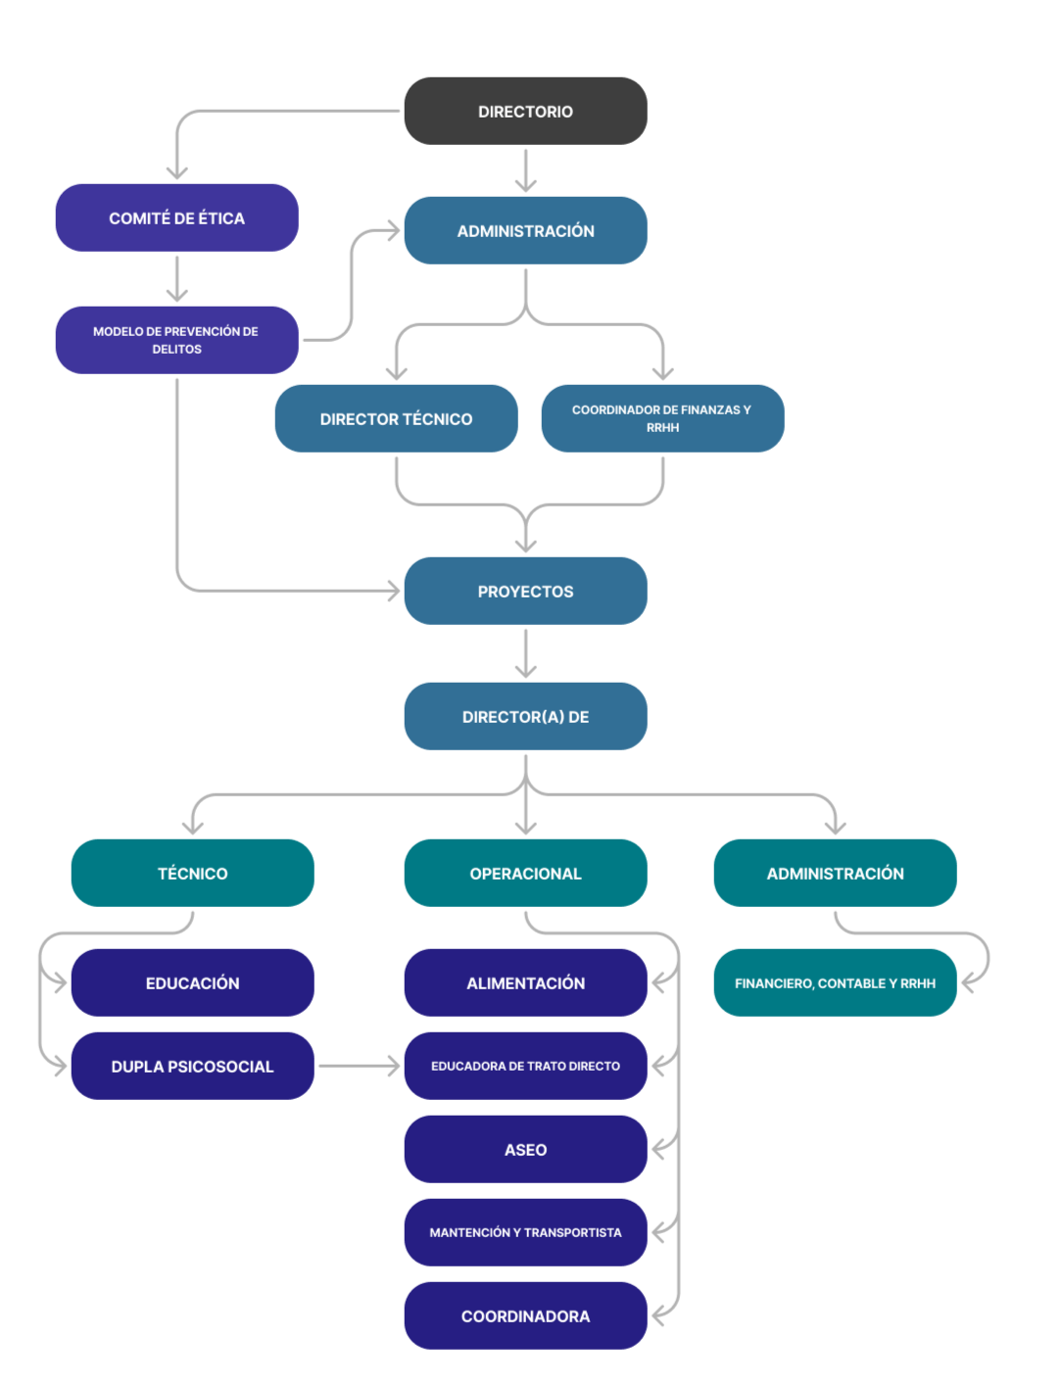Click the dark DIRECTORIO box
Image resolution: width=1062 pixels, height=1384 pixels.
coord(525,112)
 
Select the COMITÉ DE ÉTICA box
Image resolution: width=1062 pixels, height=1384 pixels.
coord(176,218)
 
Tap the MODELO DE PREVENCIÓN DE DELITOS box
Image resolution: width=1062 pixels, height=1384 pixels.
coord(176,340)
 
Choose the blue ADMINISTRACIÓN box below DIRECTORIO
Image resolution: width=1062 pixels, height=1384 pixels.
coord(525,231)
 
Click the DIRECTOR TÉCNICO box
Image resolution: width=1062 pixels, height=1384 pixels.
coord(396,419)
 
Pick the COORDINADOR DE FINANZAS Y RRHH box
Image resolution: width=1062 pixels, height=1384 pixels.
coord(662,419)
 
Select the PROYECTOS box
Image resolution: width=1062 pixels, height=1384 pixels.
coord(525,592)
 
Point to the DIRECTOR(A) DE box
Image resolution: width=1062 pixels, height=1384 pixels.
coord(525,717)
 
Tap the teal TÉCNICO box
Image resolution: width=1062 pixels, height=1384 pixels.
coord(192,874)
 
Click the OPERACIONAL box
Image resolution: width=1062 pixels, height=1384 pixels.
coord(525,874)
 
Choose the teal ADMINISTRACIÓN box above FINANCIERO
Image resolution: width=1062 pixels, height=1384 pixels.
coord(835,874)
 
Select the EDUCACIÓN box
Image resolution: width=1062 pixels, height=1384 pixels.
coord(192,983)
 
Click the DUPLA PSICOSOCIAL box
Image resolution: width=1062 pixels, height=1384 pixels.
coord(192,1067)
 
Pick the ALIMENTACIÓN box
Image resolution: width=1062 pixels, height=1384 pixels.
coord(525,983)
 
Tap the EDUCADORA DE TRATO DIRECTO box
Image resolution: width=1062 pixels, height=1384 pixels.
coord(525,1067)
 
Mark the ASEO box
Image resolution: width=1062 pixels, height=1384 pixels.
coord(525,1150)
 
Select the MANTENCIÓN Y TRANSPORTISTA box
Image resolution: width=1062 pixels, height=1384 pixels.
coord(525,1233)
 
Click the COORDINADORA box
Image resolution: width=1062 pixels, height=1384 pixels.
coord(525,1316)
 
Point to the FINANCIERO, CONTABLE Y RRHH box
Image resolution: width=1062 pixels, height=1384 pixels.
coord(835,983)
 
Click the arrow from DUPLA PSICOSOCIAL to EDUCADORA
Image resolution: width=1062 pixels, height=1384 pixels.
coord(359,1066)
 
